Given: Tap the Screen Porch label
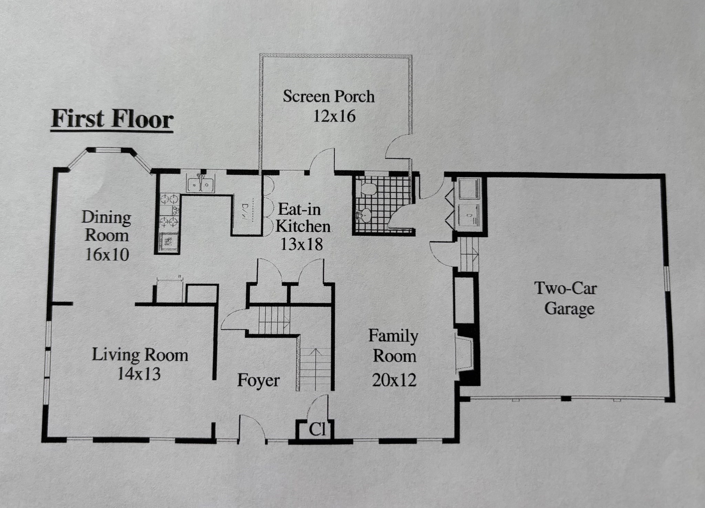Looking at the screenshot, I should coord(328,96).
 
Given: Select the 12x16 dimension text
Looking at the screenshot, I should coord(334,116).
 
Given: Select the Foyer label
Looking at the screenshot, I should coord(258,380).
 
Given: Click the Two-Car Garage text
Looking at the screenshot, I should coord(566,298).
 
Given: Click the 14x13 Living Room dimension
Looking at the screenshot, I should coord(139,373).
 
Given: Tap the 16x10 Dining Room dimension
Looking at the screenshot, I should coord(107,255).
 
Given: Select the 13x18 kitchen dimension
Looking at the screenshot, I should coord(302,244).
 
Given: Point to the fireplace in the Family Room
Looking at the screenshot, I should coord(463,358).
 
